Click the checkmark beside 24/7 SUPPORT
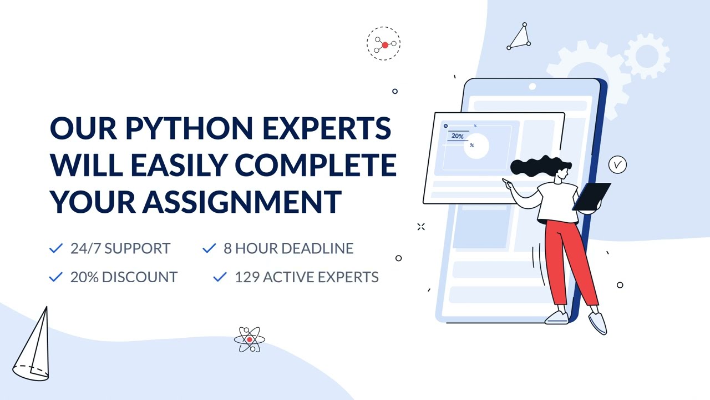[56, 248]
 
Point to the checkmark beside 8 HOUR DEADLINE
[209, 248]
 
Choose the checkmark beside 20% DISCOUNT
[56, 277]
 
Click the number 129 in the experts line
[247, 277]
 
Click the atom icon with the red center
[250, 339]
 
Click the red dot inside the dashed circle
[385, 45]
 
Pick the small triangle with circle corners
[519, 38]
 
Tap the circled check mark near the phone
[617, 165]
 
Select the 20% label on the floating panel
[458, 136]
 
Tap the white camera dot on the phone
[532, 87]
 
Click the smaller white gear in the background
[647, 56]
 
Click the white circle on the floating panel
[476, 146]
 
